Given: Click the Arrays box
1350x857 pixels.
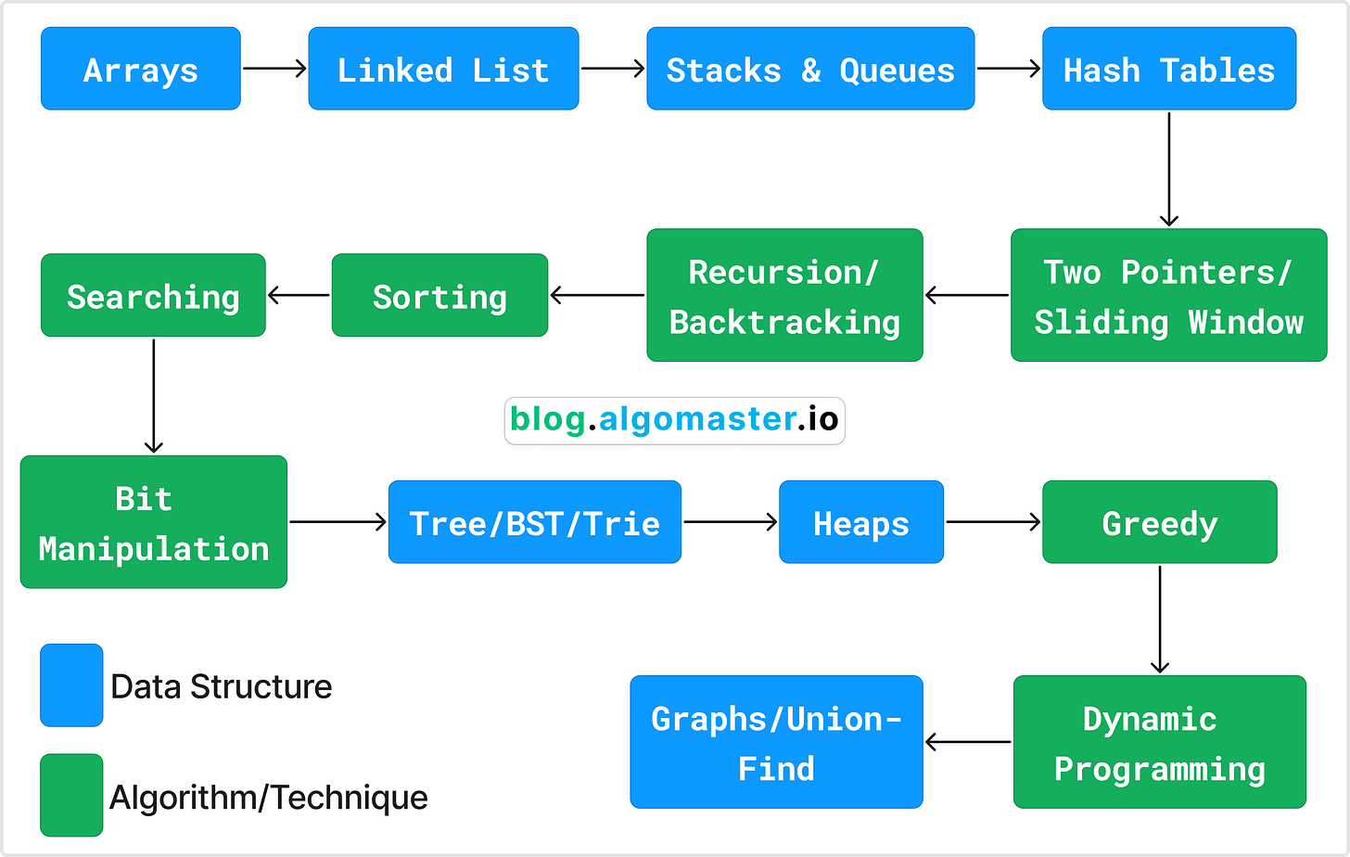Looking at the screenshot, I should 141,69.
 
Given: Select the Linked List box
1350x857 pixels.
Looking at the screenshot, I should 443,69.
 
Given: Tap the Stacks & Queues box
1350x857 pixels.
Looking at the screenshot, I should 810,69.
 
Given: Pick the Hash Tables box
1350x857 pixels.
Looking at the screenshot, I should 1169,69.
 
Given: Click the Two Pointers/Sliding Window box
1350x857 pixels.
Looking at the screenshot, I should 1168,295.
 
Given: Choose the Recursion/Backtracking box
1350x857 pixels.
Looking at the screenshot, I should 784,295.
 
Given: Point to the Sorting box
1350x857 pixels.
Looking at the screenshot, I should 439,295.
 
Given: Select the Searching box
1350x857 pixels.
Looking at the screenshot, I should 153,295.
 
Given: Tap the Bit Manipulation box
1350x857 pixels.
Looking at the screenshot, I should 153,522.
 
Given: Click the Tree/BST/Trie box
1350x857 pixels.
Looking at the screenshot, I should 535,522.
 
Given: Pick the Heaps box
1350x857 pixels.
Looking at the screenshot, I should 861,522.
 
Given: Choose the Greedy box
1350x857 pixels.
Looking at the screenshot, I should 1159,522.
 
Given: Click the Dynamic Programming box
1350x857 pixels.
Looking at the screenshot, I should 1159,742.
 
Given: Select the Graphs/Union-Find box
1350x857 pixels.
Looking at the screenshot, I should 776,742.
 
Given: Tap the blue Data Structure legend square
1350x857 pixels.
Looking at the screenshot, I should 71,685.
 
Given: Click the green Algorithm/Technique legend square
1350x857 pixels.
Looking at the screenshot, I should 71,795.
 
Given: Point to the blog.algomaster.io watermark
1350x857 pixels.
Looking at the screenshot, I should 674,420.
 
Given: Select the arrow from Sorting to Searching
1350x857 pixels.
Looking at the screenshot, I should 299,296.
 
